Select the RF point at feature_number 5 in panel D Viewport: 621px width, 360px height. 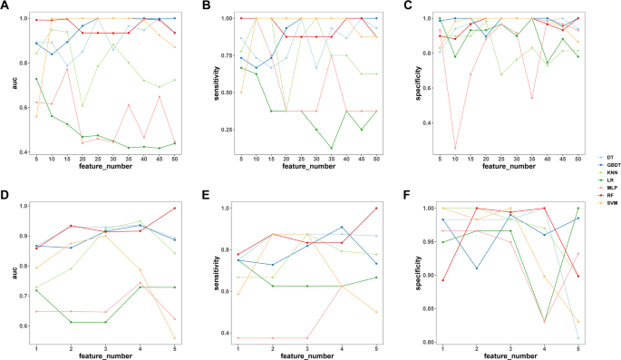pyautogui.click(x=175, y=208)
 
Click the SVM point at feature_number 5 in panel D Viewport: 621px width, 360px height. pyautogui.click(x=175, y=337)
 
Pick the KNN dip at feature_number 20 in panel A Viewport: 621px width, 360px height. pyautogui.click(x=82, y=106)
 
